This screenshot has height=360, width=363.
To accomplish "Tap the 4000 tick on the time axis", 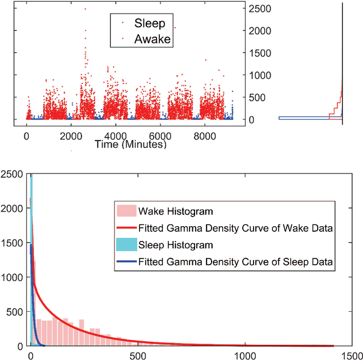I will [115, 136].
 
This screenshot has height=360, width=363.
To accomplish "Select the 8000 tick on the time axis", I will [205, 136].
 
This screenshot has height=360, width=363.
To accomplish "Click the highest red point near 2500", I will [85, 9].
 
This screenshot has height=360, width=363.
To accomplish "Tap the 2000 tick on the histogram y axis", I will [12, 209].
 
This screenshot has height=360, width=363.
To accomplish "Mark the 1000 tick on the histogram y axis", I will [12, 277].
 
